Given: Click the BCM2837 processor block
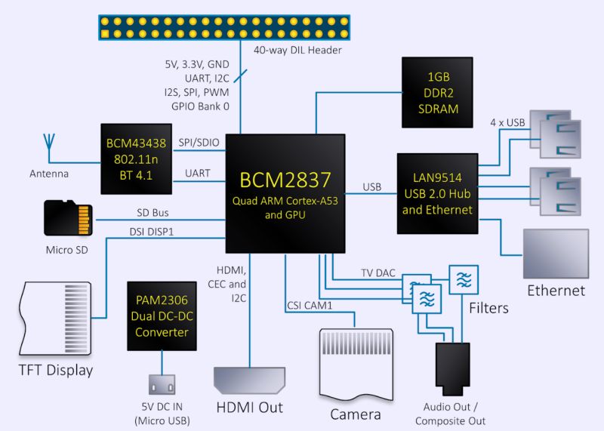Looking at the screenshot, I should point(285,193).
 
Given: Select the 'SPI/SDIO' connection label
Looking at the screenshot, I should point(199,143).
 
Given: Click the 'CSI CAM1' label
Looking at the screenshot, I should point(310,306).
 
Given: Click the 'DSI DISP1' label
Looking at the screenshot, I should point(151,232).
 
